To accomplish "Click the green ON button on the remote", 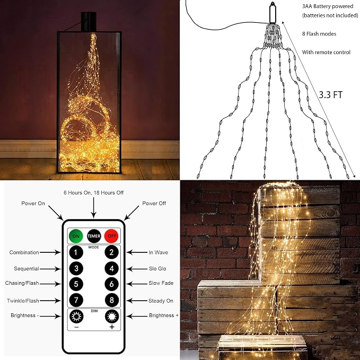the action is coord(76,236).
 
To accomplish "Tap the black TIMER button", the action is coord(94,236).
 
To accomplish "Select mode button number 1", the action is coord(76,252).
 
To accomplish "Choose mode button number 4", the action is coord(111,268).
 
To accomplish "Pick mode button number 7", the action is coord(76,300).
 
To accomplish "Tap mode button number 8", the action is coord(111,300).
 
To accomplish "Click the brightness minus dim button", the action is coord(76,317).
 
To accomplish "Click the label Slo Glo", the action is coord(157,268).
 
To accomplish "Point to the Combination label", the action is coord(24,252).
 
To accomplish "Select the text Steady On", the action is coord(161,301).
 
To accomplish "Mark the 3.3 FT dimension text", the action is coord(330,94).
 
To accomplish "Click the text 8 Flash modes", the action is coord(319,34).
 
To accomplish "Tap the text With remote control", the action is coord(326,52).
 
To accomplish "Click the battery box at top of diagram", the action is coord(273,13).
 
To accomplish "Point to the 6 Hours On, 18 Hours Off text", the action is coord(93,192).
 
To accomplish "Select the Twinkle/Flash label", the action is coord(23,301).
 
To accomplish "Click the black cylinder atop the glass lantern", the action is coord(89,22).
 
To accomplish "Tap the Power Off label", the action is coord(154,203).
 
